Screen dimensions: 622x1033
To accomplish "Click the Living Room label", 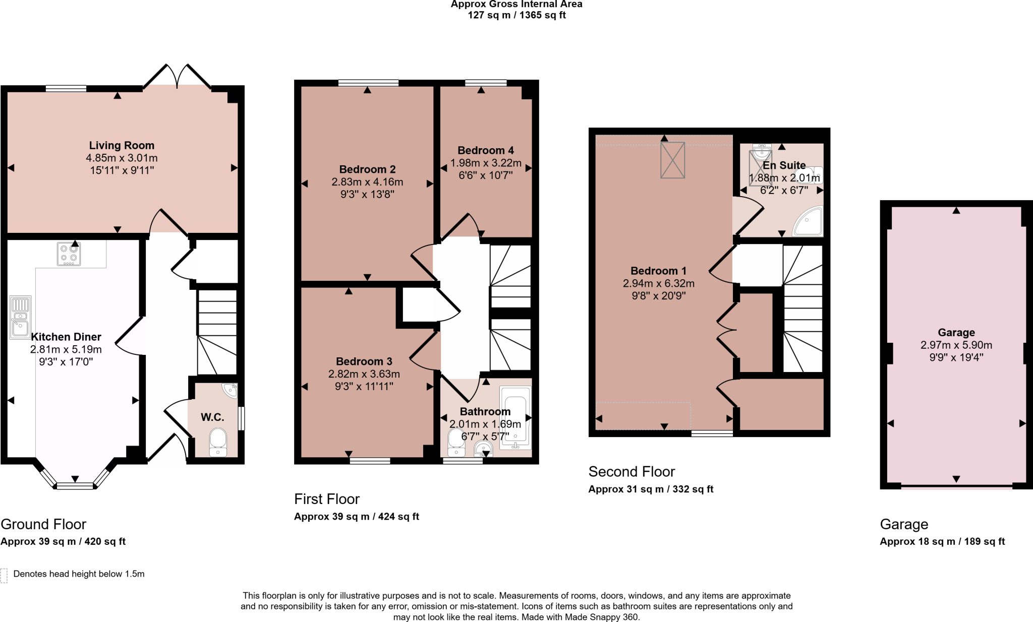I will (122, 146).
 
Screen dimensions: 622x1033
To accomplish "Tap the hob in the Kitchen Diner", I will (69, 254).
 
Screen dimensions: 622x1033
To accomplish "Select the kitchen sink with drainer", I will (20, 317).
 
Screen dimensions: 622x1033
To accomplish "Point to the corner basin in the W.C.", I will (231, 390).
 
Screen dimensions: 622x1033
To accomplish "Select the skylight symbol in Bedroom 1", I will (672, 160).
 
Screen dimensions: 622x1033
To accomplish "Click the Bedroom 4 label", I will (485, 150).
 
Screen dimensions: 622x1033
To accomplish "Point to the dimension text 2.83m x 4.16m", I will (367, 182).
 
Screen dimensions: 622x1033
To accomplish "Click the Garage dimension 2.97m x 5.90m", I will (956, 345).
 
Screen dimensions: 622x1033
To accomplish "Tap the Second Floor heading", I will (631, 472).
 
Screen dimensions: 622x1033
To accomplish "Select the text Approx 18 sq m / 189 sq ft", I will (942, 541).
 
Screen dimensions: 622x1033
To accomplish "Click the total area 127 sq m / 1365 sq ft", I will (516, 15).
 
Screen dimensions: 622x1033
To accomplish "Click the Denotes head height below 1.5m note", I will (79, 574).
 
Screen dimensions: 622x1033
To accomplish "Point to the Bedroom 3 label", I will (364, 361).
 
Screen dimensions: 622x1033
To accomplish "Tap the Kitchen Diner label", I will (66, 337).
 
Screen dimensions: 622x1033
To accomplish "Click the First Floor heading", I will (326, 499).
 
